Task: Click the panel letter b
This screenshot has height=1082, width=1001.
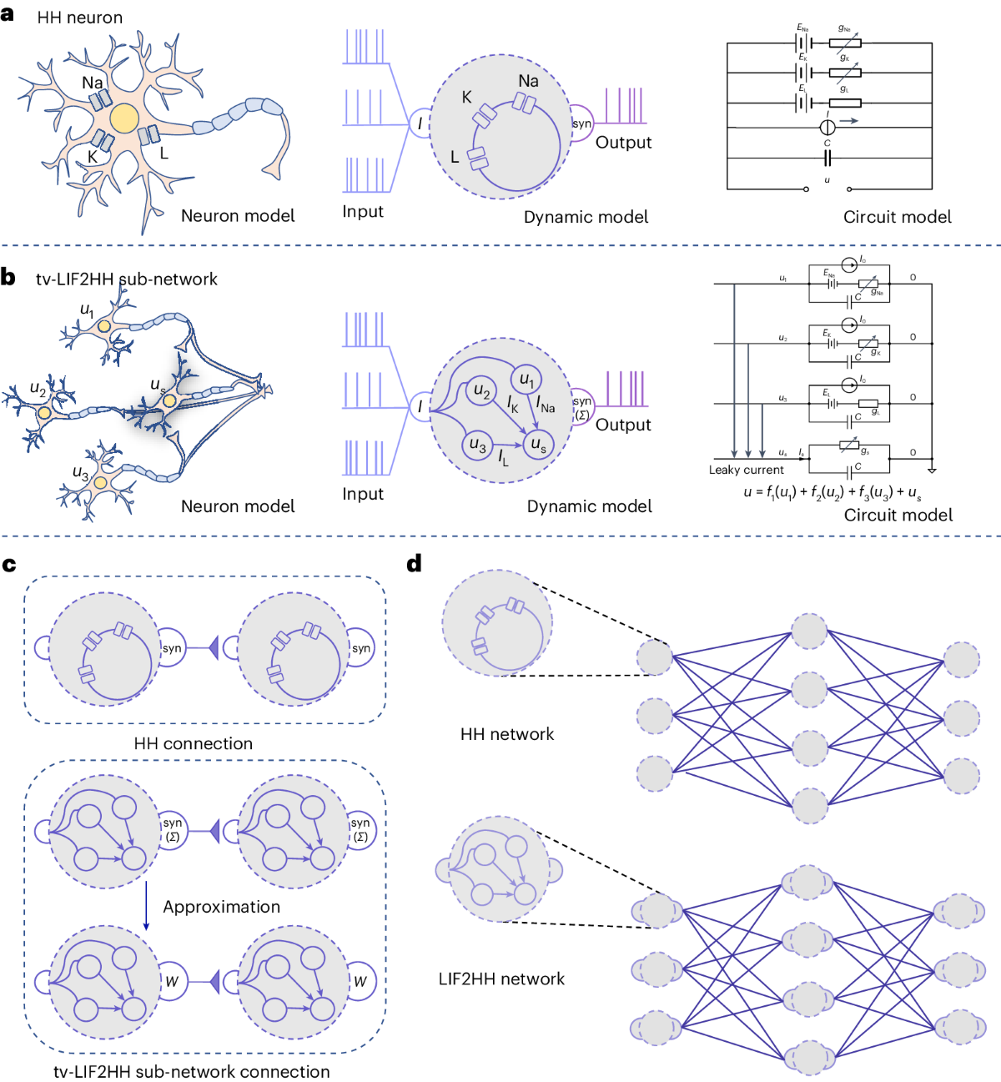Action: (x=8, y=277)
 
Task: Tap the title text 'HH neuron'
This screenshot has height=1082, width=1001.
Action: (x=79, y=18)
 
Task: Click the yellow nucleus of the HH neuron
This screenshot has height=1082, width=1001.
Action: (x=124, y=118)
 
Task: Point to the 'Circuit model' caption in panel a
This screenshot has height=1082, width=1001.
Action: (x=897, y=217)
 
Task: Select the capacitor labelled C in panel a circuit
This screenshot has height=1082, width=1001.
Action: (x=827, y=158)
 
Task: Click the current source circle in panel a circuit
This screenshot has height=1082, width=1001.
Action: (x=827, y=127)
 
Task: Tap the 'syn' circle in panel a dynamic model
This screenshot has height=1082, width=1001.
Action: (x=581, y=124)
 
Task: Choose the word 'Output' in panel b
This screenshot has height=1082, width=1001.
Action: (x=623, y=425)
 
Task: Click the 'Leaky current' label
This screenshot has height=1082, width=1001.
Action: (x=746, y=470)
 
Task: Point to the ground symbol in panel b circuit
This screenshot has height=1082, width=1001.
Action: (x=932, y=471)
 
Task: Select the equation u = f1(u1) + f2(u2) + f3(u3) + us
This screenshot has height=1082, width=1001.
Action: (x=832, y=492)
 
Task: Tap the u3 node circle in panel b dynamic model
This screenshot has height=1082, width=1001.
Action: (x=477, y=445)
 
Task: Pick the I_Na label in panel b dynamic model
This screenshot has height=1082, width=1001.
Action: (x=546, y=406)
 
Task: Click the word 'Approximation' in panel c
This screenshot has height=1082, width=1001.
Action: (x=221, y=907)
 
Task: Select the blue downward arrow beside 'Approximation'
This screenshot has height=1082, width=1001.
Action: (x=147, y=905)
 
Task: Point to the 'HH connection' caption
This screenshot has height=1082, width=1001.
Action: (x=193, y=743)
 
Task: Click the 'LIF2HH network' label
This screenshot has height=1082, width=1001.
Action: (x=501, y=979)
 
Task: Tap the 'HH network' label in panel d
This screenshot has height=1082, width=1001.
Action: (x=506, y=734)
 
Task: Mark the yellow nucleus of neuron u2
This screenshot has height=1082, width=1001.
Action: (x=44, y=413)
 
